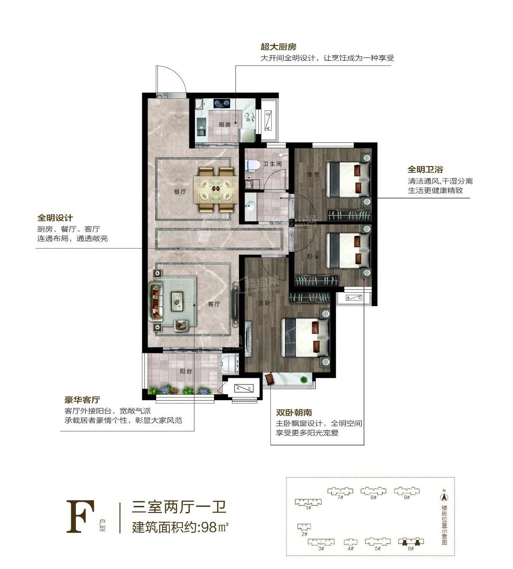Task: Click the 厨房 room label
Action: [225, 125]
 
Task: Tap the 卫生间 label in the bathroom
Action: [272, 164]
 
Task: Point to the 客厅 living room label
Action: [213, 304]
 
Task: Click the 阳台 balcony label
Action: [186, 371]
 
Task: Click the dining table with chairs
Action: [216, 189]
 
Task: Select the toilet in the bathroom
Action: [253, 165]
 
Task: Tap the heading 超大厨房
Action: [278, 47]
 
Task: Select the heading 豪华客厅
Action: [82, 400]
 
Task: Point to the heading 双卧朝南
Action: [294, 412]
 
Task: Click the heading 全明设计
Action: [55, 218]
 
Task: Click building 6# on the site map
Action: [410, 542]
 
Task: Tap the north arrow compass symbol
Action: [444, 497]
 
